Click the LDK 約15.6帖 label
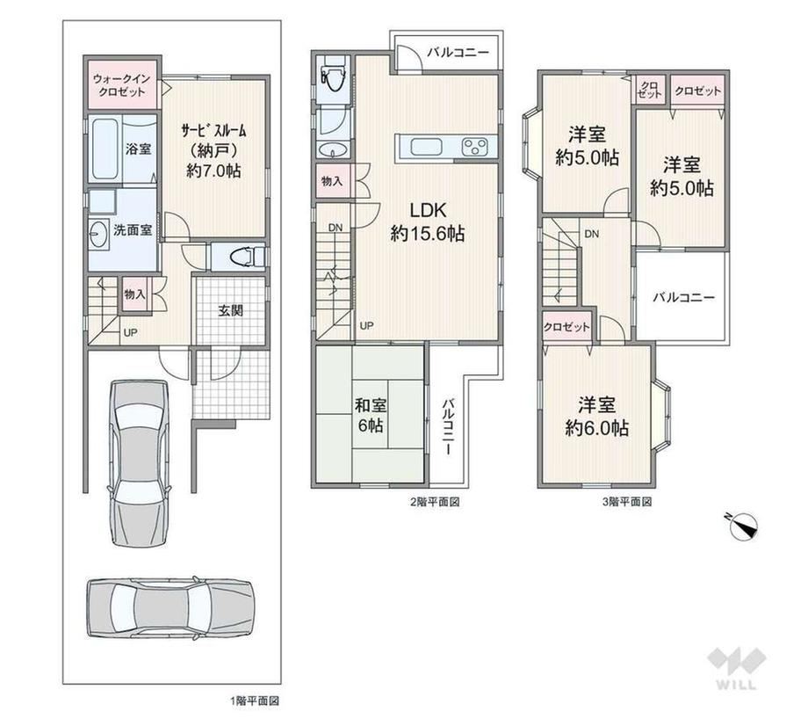pos(428,221)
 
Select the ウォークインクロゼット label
pos(122,85)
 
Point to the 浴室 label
pos(139,149)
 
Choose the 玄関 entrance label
pos(230,311)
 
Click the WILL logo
pos(737,669)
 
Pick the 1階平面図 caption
pos(255,701)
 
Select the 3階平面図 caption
pos(627,501)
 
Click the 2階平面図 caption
pos(435,501)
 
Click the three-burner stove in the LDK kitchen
pos(477,147)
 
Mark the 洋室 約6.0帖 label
pos(596,416)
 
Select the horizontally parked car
pos(170,603)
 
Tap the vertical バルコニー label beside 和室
pos(449,426)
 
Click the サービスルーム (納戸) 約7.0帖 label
pos(213,150)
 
